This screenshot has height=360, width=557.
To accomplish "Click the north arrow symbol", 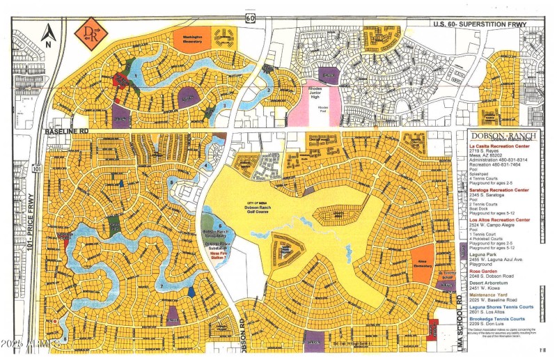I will pyautogui.click(x=48, y=33).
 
